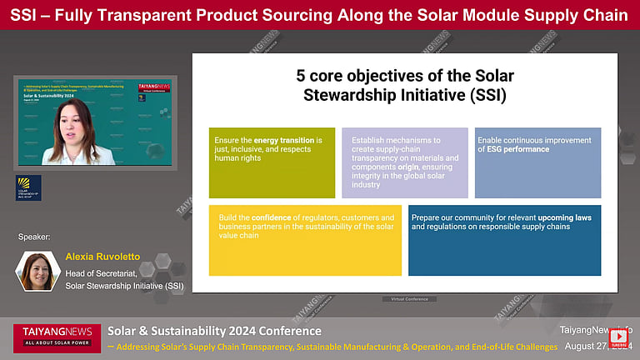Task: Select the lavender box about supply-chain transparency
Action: (x=404, y=162)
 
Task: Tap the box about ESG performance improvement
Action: (x=537, y=162)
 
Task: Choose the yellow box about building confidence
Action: (x=304, y=240)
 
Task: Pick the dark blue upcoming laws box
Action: (x=504, y=240)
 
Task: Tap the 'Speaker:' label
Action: (x=35, y=237)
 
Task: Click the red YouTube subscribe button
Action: (x=619, y=337)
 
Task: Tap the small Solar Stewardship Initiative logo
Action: (x=28, y=187)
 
